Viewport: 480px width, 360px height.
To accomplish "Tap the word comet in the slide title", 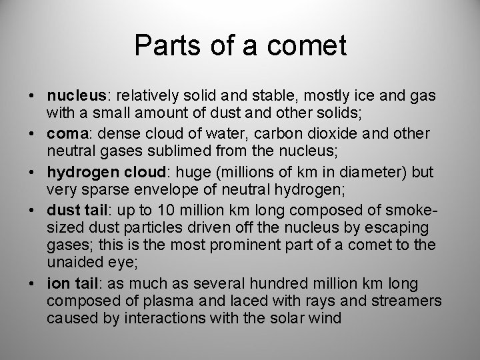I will pyautogui.click(x=312, y=46).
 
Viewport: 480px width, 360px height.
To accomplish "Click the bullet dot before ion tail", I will pyautogui.click(x=33, y=285).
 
